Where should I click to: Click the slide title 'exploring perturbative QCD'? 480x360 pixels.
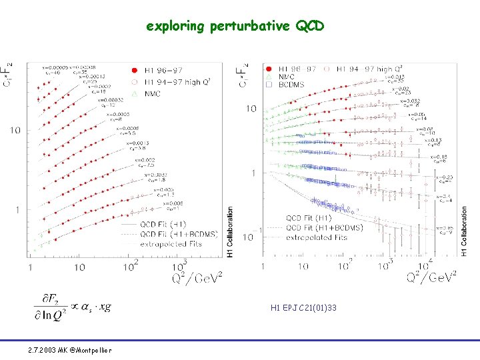point(235,27)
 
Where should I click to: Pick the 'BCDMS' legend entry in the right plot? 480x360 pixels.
point(291,85)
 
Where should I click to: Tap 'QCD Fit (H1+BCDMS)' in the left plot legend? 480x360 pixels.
point(172,234)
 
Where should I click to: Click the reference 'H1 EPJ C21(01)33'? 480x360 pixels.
point(303,308)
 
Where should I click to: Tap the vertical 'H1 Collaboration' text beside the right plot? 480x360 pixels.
point(465,231)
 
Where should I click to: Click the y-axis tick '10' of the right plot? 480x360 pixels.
point(251,109)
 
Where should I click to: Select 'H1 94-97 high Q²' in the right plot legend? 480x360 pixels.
point(363,69)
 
